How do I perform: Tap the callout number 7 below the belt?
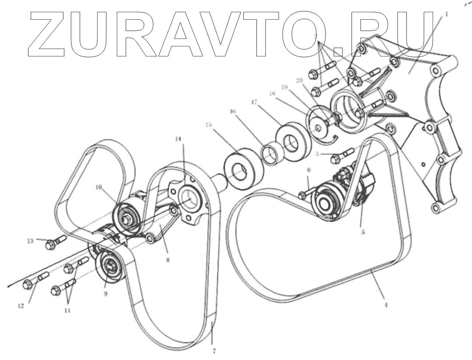pyautogui.click(x=213, y=350)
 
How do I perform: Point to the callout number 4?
pyautogui.click(x=385, y=305)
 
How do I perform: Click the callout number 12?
pyautogui.click(x=21, y=306)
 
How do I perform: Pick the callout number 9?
pyautogui.click(x=105, y=294)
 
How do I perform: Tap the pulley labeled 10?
pyautogui.click(x=127, y=217)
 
